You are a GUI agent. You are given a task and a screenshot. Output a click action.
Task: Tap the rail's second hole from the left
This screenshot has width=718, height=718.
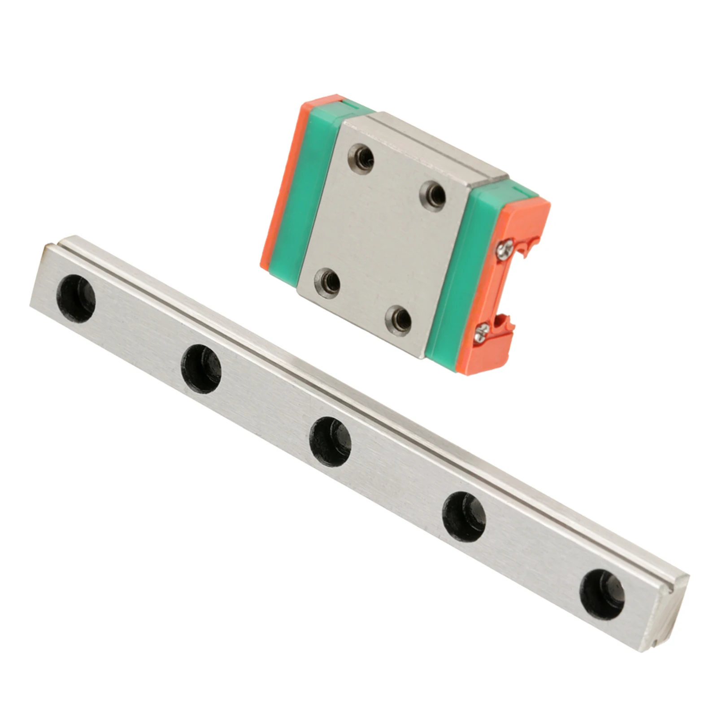pyautogui.click(x=201, y=369)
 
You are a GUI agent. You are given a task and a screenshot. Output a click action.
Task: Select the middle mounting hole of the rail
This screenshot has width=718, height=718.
pyautogui.click(x=330, y=441)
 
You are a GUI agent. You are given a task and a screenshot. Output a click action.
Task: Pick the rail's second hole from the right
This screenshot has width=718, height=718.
pyautogui.click(x=464, y=517)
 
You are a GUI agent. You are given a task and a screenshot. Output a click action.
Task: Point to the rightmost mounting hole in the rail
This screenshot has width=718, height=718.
pyautogui.click(x=602, y=594)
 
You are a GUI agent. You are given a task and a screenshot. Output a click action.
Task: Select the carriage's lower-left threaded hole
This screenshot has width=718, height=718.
pyautogui.click(x=327, y=282)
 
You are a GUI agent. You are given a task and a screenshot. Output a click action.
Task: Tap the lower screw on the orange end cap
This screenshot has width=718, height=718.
pyautogui.click(x=480, y=332)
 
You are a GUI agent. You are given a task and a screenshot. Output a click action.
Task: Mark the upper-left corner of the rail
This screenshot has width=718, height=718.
pyautogui.click(x=45, y=245)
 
